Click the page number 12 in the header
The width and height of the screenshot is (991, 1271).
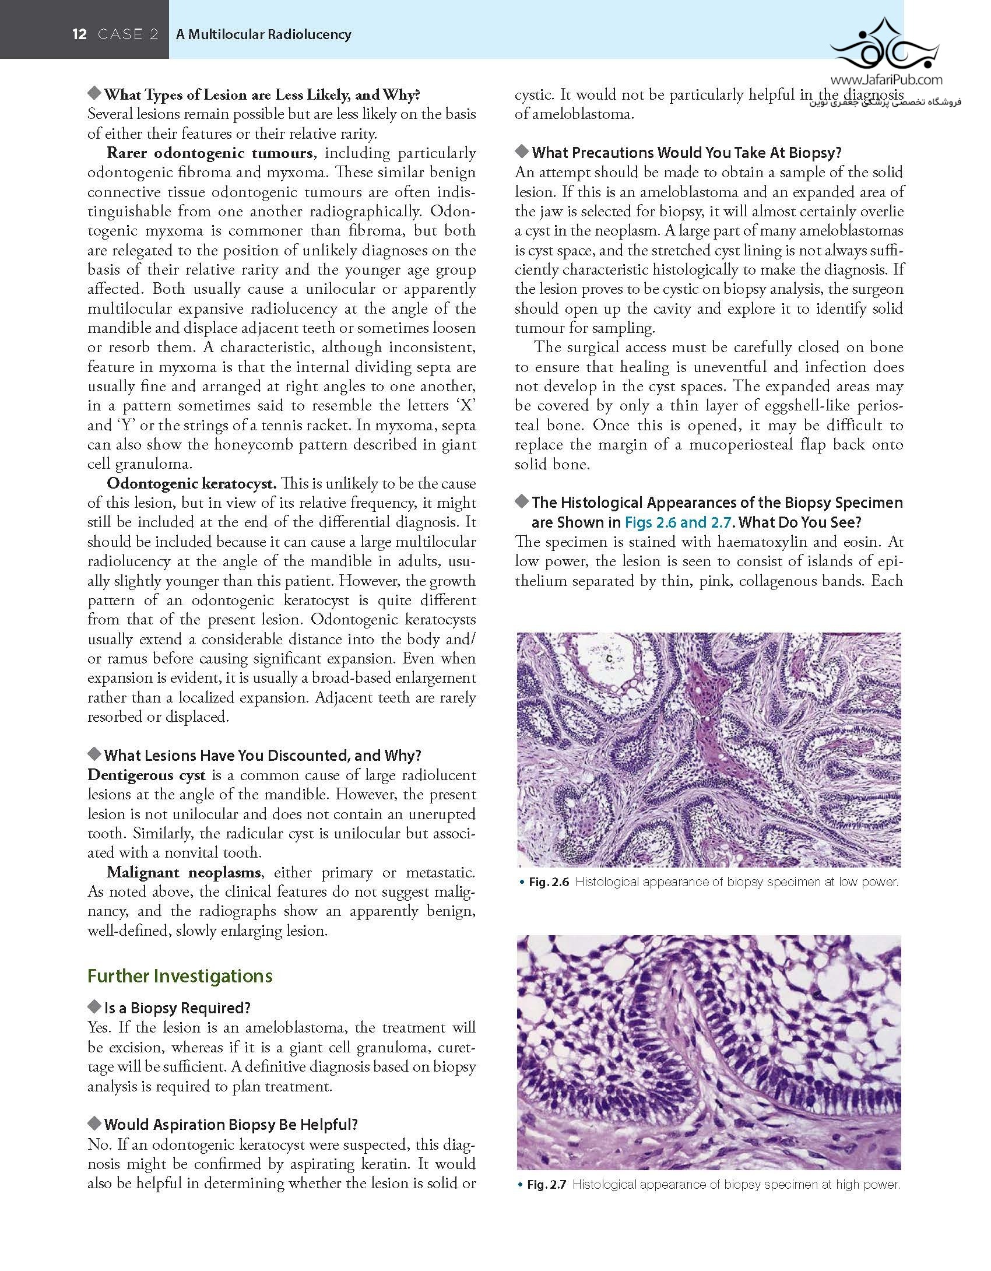[x=79, y=34]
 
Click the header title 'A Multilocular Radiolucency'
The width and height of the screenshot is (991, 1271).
[x=263, y=34]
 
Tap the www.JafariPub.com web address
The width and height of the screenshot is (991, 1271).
[x=885, y=80]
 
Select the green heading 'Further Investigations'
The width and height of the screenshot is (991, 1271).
[x=180, y=976]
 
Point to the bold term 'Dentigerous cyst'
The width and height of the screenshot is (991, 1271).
[x=146, y=775]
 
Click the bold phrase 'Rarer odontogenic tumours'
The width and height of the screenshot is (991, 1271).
[x=210, y=153]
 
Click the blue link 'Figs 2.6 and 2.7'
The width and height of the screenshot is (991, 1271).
[x=677, y=522]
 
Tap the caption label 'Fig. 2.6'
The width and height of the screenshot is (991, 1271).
[x=549, y=882]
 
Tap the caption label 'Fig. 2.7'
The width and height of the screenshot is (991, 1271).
[x=546, y=1185]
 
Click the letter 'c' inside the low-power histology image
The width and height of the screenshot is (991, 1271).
[x=609, y=658]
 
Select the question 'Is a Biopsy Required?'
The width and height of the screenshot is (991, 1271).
[x=177, y=1008]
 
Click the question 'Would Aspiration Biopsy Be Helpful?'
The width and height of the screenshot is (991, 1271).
[x=231, y=1125]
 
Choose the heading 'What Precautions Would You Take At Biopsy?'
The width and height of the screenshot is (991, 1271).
[x=687, y=153]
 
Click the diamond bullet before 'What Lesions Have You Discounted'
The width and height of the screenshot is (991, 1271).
[x=94, y=754]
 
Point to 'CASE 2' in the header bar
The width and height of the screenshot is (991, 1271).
[x=128, y=34]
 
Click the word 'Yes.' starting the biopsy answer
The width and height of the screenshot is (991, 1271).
[x=100, y=1027]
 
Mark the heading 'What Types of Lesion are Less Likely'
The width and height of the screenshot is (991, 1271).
[x=262, y=94]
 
